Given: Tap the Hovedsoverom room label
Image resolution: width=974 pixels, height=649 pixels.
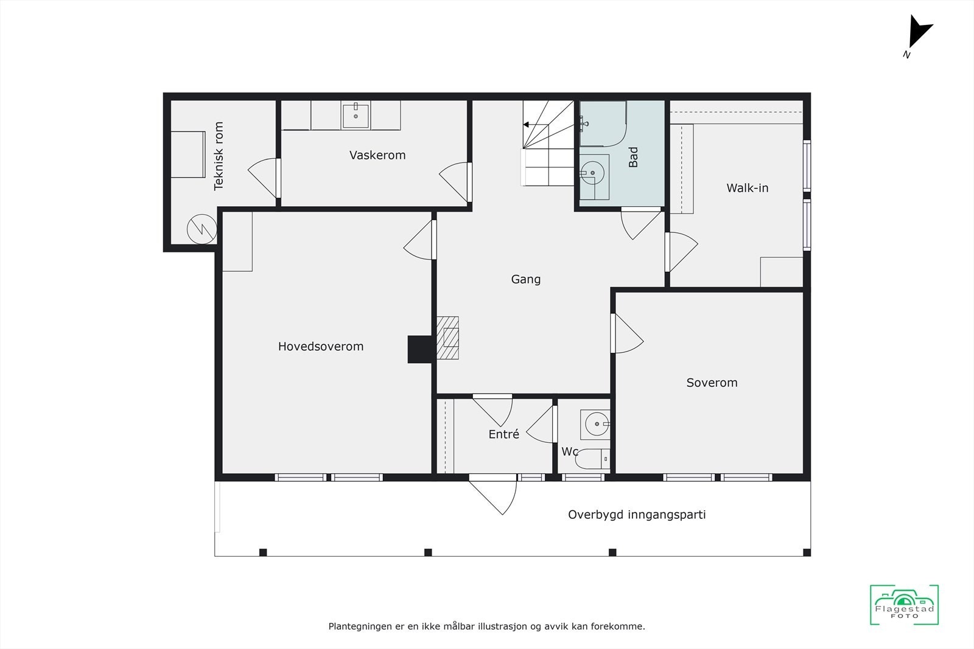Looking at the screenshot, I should click(321, 346).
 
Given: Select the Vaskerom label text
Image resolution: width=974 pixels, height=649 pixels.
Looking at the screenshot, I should click(377, 155).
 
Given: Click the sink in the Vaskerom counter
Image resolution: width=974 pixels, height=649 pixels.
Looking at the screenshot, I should click(356, 115).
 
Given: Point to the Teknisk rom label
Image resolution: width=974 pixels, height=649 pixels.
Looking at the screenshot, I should click(219, 156).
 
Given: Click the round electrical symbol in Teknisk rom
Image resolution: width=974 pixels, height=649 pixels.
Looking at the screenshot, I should click(201, 229).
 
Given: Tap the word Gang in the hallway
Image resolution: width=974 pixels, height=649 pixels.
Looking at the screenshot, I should click(526, 279).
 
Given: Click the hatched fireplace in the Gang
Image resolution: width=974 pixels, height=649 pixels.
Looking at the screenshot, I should click(449, 338).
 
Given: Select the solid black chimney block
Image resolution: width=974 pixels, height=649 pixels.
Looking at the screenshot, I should click(419, 349).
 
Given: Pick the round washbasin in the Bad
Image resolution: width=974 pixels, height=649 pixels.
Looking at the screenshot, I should click(592, 173).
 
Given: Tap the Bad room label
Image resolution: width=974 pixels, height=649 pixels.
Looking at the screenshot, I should click(634, 157).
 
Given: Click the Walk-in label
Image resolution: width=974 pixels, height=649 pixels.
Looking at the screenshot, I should click(748, 188).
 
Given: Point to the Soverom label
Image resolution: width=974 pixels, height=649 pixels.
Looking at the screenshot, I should click(712, 383).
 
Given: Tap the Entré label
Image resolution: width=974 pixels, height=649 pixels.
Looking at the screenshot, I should click(504, 434).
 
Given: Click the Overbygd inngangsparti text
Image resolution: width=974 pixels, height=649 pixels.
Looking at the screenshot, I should click(637, 515).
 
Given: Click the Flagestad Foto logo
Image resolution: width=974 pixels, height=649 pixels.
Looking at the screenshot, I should click(904, 605).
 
